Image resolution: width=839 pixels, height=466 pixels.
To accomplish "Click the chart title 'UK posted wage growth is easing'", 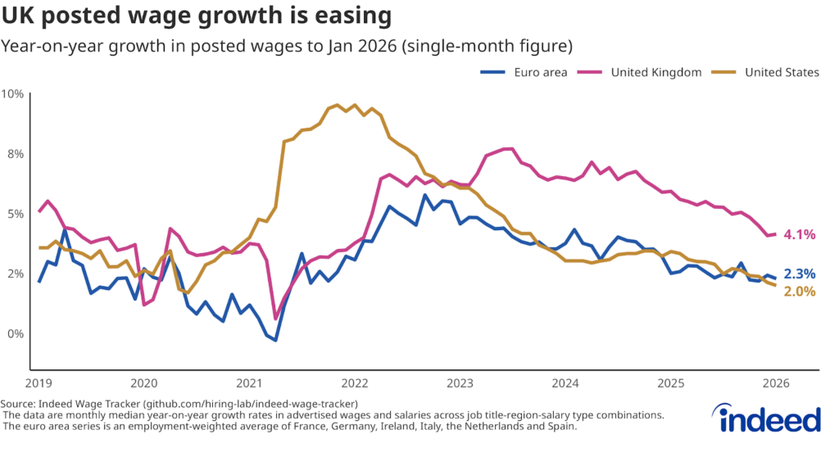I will [x=196, y=16].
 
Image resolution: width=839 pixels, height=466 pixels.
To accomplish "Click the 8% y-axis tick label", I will [x=14, y=154].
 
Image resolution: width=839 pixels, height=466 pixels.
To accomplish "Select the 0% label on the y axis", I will [x=14, y=334].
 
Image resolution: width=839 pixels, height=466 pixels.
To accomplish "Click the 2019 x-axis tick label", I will [x=39, y=383].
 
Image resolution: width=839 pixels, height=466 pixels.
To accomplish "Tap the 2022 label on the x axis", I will [x=355, y=383].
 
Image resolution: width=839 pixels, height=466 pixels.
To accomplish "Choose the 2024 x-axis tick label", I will [x=565, y=383].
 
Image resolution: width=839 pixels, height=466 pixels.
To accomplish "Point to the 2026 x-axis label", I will [x=776, y=383].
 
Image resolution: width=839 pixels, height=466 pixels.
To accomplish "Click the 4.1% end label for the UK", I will [x=800, y=234].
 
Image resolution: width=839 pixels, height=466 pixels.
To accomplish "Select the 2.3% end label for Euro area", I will [x=800, y=274].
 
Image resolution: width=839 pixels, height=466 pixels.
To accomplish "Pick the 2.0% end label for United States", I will [x=800, y=291].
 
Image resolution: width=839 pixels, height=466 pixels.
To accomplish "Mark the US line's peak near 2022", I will [x=354, y=105].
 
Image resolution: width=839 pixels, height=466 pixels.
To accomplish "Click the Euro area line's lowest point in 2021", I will [x=276, y=340].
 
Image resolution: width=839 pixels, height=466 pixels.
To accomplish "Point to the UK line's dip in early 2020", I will [x=144, y=305].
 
